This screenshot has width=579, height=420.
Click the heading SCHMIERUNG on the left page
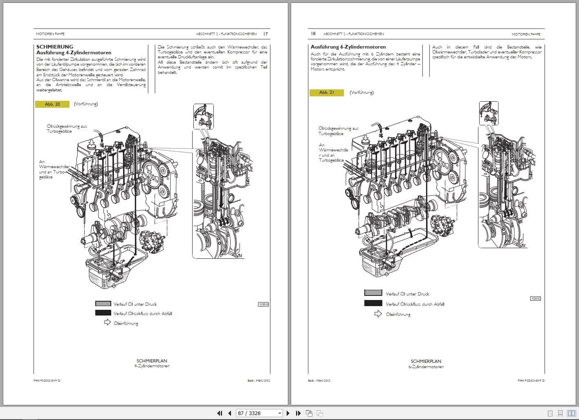[55, 47]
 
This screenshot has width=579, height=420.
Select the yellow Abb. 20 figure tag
[52, 104]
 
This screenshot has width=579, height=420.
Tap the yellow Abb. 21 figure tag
[326, 93]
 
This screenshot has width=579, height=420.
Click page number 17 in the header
[265, 34]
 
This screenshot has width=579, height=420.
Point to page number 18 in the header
[313, 33]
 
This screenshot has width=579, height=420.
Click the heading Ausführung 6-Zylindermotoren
[348, 47]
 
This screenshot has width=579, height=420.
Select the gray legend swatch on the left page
[103, 304]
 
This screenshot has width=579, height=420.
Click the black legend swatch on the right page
[373, 303]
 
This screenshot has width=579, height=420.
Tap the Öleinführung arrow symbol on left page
[107, 322]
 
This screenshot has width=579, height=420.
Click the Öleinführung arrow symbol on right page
[378, 314]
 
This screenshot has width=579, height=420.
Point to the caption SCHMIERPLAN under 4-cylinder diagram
[152, 361]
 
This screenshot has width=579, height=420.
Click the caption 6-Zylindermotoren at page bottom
[426, 367]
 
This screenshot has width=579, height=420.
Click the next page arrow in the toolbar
[288, 413]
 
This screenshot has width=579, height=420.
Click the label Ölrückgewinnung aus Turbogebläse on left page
[67, 129]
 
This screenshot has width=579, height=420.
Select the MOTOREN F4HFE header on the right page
[526, 34]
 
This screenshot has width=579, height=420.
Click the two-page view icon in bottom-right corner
[571, 413]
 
